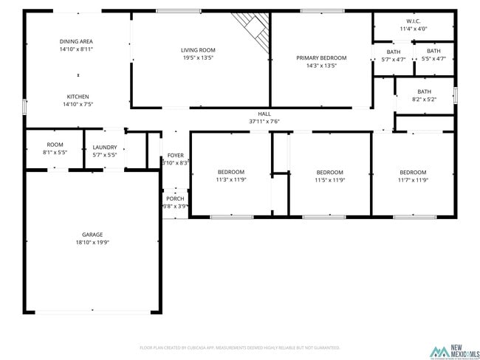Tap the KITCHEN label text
78,97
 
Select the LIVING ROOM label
198,50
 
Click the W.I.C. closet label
413,21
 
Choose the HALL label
264,114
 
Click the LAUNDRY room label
105,147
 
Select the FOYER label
175,155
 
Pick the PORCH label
175,198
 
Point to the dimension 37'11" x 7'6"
264,121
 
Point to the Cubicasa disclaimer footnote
239,347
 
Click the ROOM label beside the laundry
55,145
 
